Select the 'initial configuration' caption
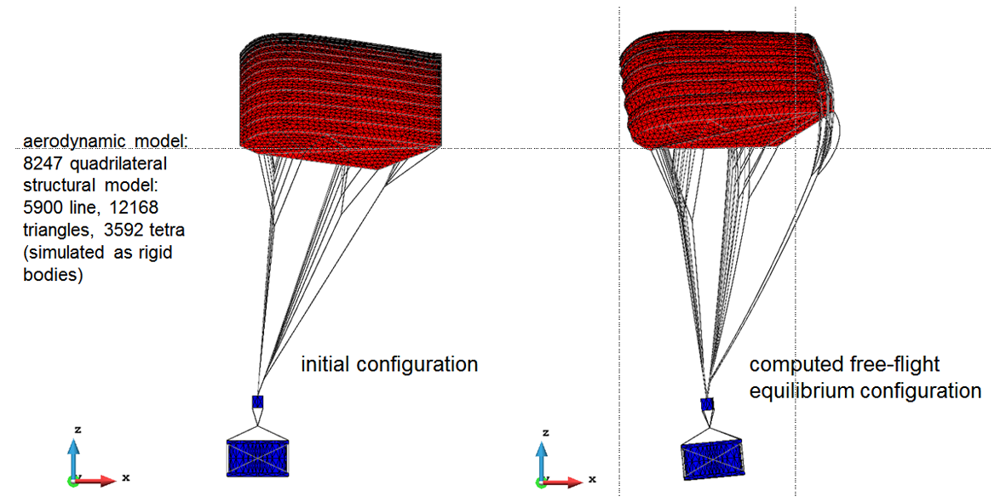pos(390,365)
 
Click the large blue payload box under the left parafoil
pos(259,458)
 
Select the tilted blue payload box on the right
pos(711,458)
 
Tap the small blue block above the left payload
pos(258,402)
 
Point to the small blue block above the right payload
pos(707,404)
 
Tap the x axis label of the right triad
pos(592,477)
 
